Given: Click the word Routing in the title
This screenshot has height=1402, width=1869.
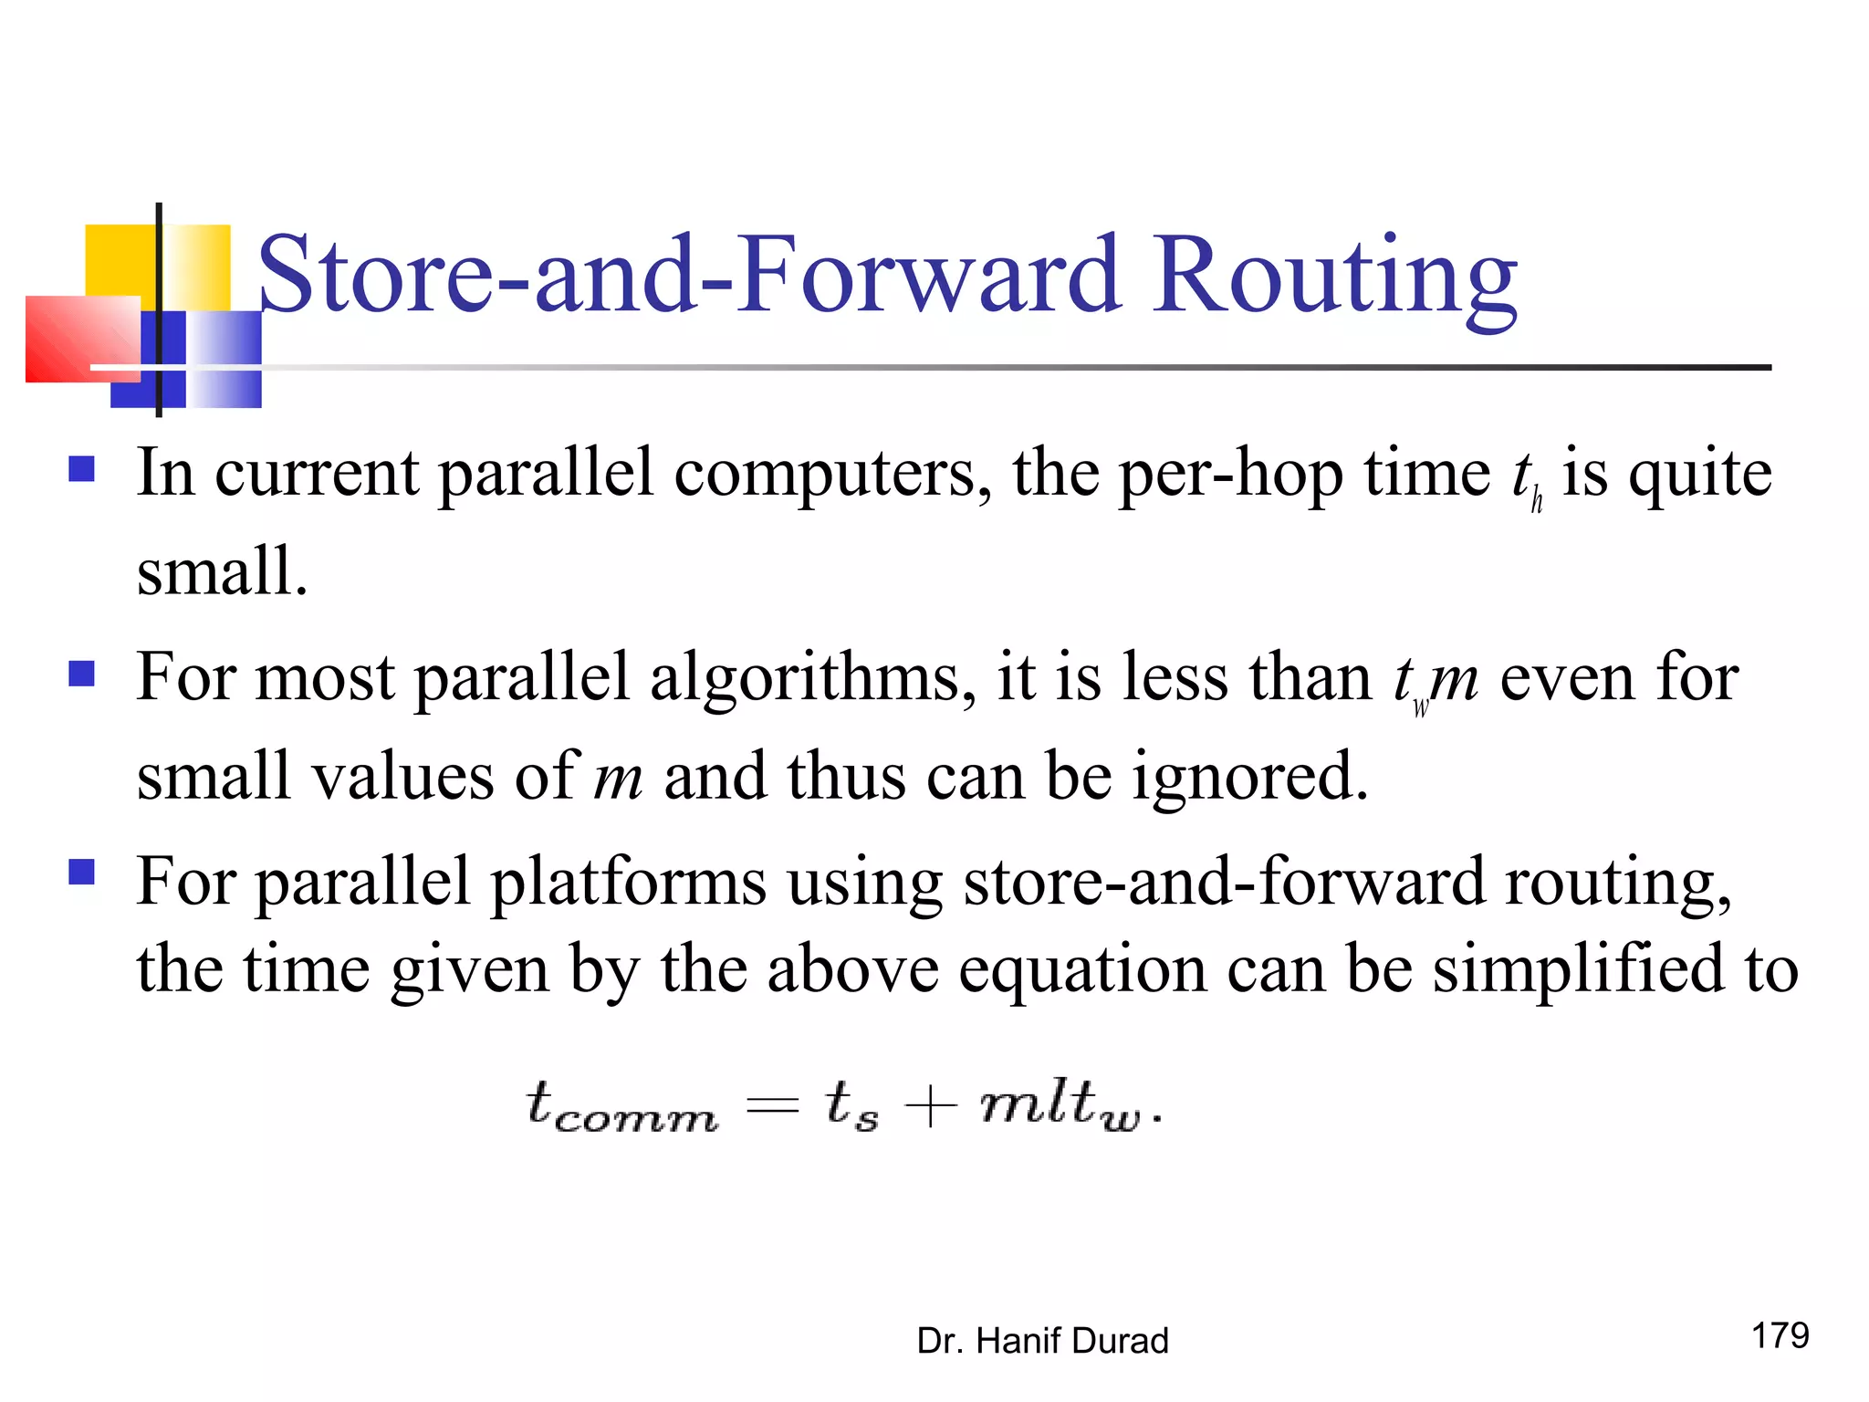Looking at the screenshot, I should click(x=1334, y=278).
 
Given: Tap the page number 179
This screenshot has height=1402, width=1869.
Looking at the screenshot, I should click(x=1780, y=1335).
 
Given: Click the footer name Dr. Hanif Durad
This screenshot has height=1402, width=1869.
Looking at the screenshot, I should click(x=1042, y=1341).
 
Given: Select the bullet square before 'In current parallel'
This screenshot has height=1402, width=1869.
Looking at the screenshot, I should click(x=82, y=469).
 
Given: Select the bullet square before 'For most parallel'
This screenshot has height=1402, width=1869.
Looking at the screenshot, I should click(x=82, y=674).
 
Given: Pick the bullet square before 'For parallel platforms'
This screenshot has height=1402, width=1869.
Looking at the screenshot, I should click(x=82, y=873).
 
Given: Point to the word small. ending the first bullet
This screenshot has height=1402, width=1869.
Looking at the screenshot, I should click(x=222, y=571).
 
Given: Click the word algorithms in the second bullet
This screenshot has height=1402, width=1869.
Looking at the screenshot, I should click(x=811, y=678).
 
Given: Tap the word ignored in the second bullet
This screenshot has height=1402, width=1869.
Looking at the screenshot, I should click(x=1249, y=777).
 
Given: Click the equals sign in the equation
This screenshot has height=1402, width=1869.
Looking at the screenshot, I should click(x=772, y=1107).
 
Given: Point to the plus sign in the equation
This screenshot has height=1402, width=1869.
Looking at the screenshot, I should click(x=930, y=1107).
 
